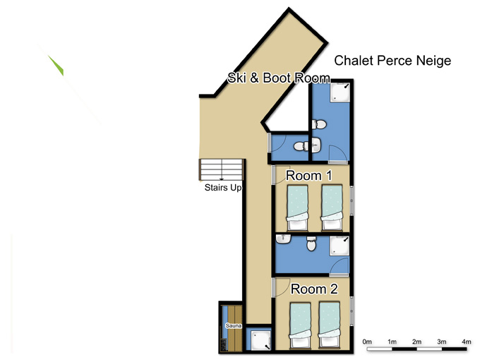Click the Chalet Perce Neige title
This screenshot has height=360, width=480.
pos(392,61)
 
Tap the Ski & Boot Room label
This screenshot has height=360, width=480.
pos(279,78)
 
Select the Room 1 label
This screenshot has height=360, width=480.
pos(308,176)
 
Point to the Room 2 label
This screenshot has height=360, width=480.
pos(314,289)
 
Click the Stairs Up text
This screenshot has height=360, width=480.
pos(223,187)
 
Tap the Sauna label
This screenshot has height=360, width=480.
pos(234,325)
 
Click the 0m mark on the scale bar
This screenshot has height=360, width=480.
pos(367,342)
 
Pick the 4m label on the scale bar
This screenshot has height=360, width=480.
pos(466,342)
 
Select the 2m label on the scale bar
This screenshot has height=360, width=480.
pos(416,342)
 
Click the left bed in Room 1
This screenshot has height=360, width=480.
pos(297,208)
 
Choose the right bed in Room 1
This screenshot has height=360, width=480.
pos(332,208)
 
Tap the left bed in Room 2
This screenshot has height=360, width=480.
pos(300,325)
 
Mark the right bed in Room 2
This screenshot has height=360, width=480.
pos(329,325)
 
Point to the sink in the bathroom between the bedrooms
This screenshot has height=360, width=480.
pos(284,239)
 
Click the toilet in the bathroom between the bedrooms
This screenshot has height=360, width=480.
pos(311,244)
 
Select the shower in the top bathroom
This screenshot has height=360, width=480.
pos(340,92)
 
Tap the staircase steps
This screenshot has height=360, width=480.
pos(221,170)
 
